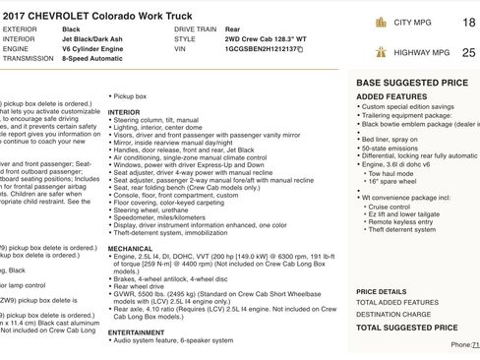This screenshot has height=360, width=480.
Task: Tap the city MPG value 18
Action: pos(468,21)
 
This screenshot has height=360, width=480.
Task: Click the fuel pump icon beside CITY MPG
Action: pos(381,21)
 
